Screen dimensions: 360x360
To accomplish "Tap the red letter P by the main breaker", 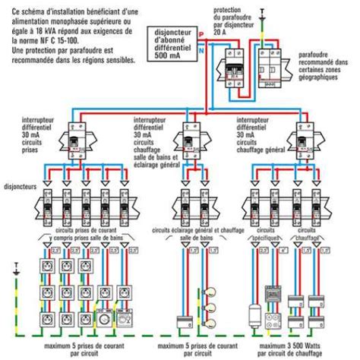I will tap(202, 34).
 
